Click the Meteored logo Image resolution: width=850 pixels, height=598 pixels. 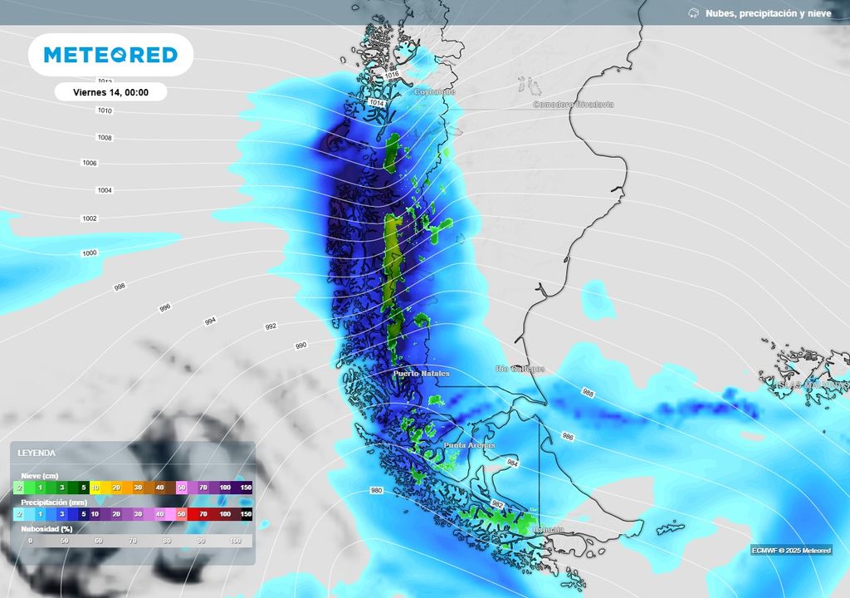click(110, 55)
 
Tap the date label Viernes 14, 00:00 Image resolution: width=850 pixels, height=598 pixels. click(110, 92)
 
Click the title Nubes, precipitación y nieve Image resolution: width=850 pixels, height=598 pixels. click(768, 13)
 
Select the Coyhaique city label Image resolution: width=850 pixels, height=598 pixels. click(435, 92)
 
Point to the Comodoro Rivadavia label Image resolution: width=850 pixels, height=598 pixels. click(573, 105)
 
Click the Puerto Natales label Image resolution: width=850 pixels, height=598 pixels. click(421, 374)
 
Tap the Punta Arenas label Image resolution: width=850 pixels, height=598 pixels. click(469, 445)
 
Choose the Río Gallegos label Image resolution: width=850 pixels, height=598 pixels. click(520, 369)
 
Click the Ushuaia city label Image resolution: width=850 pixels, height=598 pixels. click(549, 530)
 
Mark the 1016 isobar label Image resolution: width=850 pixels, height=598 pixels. click(393, 75)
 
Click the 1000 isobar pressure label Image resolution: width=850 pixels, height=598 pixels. click(90, 252)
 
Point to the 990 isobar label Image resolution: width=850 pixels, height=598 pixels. click(300, 345)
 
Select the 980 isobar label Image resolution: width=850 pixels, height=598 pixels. click(377, 490)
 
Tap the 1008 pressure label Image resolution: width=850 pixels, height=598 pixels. click(104, 138)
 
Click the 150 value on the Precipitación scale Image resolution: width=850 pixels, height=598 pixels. click(246, 515)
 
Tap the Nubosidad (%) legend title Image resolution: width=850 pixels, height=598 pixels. click(46, 528)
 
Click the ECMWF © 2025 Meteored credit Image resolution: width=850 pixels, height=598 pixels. click(791, 550)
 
